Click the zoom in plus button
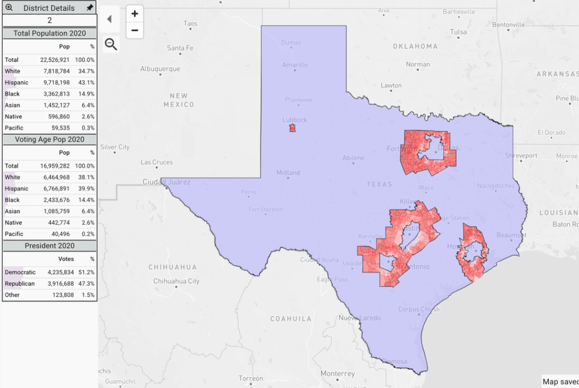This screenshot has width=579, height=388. (135, 14)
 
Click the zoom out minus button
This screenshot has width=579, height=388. (135, 31)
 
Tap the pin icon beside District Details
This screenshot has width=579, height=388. (89, 8)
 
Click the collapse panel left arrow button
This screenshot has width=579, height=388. (109, 19)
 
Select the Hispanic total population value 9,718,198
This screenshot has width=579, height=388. (55, 83)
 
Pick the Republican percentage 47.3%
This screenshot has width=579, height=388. (87, 283)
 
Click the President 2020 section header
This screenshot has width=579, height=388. (49, 246)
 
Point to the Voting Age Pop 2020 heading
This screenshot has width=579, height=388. (49, 139)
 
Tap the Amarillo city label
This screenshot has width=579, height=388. (295, 65)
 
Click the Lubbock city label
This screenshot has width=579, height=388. (295, 120)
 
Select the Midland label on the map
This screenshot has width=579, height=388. (288, 173)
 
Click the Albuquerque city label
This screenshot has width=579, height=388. (161, 69)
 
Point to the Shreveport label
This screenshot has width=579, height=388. (521, 156)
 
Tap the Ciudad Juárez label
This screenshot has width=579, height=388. (166, 182)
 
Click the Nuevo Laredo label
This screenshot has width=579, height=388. (359, 318)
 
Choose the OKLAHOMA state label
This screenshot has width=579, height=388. (415, 46)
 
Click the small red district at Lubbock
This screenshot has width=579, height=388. (292, 128)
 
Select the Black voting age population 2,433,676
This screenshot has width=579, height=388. (55, 200)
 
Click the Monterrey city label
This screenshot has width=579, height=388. (338, 373)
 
